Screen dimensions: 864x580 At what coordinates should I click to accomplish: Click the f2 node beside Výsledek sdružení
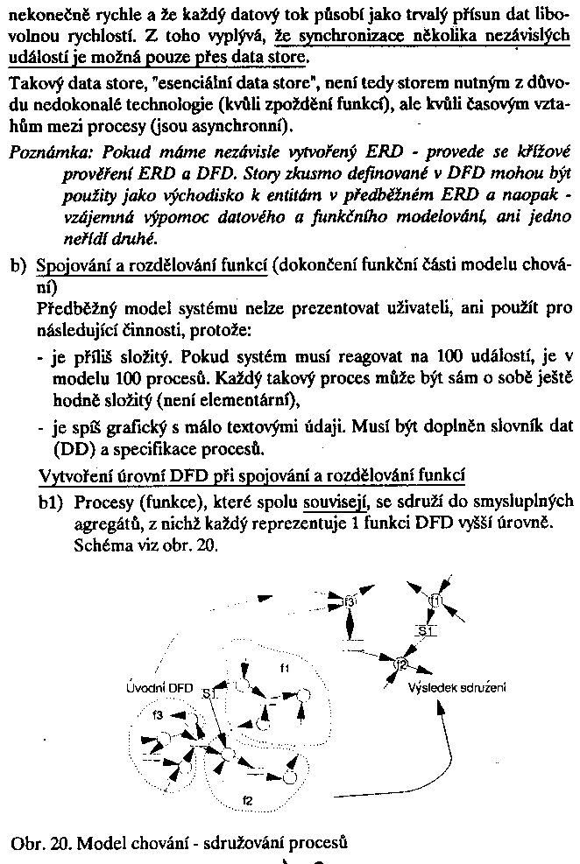[x=400, y=664]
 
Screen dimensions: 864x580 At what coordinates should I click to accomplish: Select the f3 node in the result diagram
[x=350, y=603]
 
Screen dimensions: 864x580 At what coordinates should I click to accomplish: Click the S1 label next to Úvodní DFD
[x=208, y=693]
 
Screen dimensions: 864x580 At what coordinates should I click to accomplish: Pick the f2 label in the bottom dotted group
[x=247, y=799]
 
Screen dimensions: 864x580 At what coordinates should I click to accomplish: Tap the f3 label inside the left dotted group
[x=158, y=715]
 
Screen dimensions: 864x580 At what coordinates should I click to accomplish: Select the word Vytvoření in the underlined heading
[x=74, y=475]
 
